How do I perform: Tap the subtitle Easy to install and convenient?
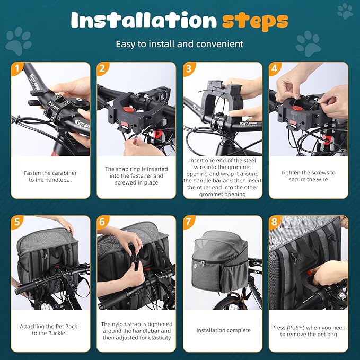tap(180, 44)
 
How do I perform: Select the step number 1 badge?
tap(17, 68)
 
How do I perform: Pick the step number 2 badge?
tap(103, 68)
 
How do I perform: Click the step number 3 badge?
tap(189, 68)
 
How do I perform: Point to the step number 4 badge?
tap(275, 68)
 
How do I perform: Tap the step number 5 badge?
tap(17, 222)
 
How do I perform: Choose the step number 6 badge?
tap(103, 222)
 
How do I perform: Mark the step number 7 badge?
tap(189, 222)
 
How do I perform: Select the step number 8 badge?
tap(275, 222)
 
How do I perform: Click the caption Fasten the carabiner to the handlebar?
tap(50, 177)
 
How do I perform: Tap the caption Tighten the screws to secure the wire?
tap(308, 176)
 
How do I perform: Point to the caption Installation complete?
tap(223, 330)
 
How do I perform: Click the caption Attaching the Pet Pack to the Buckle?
tap(50, 330)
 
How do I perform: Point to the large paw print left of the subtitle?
tap(19, 41)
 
